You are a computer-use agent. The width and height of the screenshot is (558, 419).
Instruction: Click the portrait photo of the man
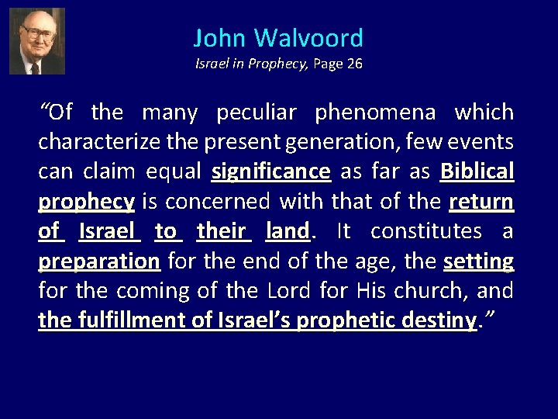pos(36,40)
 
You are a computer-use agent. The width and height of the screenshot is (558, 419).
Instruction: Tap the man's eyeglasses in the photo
pos(36,33)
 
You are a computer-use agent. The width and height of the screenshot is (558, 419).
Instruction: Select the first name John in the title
pos(221,38)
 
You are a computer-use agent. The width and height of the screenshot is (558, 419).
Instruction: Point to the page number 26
pos(354,64)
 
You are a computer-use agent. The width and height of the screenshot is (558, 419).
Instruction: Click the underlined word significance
pos(271,171)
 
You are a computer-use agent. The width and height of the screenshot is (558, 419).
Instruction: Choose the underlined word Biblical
pos(477,171)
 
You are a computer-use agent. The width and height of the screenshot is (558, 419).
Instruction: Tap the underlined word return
pos(481,202)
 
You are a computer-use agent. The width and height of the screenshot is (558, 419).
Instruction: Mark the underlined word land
pos(287,231)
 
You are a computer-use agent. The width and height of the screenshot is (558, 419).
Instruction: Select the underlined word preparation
pos(99,261)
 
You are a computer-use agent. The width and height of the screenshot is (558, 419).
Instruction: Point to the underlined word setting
pos(478,261)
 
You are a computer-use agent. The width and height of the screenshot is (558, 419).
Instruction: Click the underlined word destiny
pos(441,320)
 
